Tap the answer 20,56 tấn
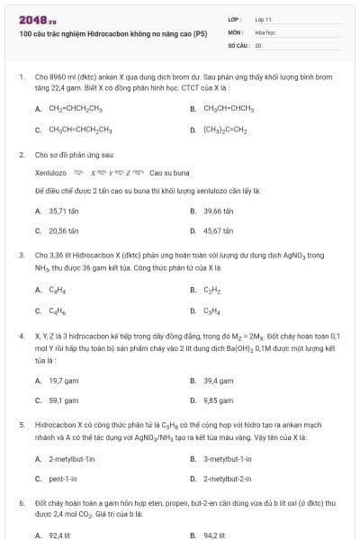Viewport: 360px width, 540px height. [x=57, y=230]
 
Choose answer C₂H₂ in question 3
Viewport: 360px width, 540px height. [x=213, y=291]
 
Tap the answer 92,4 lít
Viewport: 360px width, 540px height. [x=58, y=535]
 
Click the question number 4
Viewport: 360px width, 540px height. [x=22, y=335]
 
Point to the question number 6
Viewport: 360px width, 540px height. [x=22, y=504]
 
